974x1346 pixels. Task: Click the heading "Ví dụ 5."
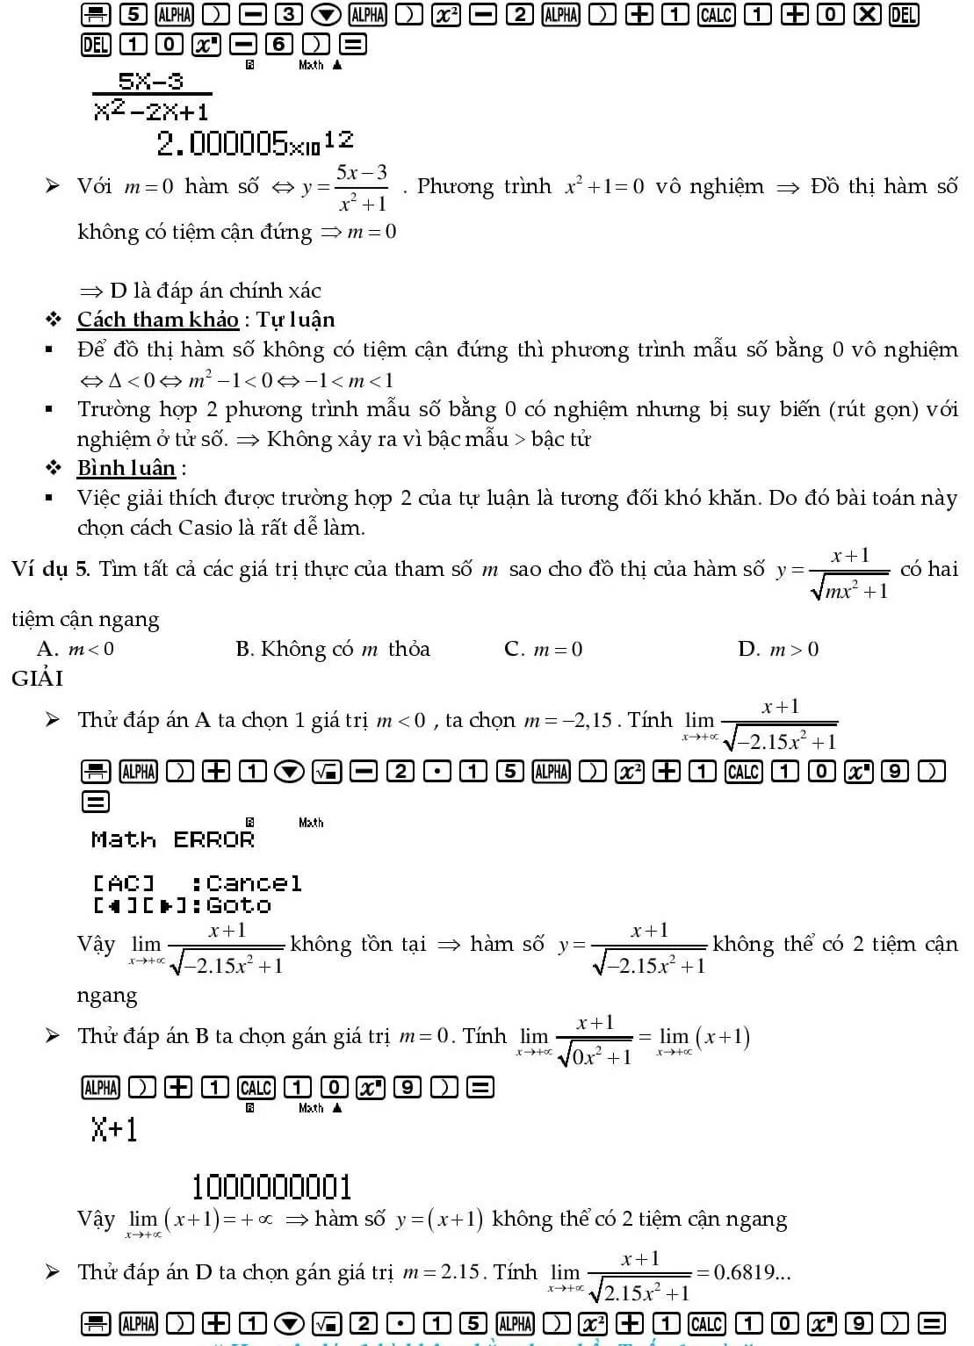[x=51, y=569]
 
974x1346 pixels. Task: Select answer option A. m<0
[x=76, y=649]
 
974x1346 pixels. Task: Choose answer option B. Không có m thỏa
[x=333, y=649]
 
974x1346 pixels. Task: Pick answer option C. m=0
[x=544, y=649]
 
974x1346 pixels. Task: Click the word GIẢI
[x=37, y=678]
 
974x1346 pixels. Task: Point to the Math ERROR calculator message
[x=172, y=839]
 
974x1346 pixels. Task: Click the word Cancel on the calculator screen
[x=254, y=882]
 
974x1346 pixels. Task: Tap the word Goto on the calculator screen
[x=238, y=905]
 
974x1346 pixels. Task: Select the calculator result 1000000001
[x=271, y=1187]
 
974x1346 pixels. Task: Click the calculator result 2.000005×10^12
[x=255, y=142]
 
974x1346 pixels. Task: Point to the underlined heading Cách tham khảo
[x=158, y=320]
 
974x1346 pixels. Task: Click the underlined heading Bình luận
[x=126, y=467]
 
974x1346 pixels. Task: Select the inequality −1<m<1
[x=348, y=380]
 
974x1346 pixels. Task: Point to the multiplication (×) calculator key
[x=866, y=14]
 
